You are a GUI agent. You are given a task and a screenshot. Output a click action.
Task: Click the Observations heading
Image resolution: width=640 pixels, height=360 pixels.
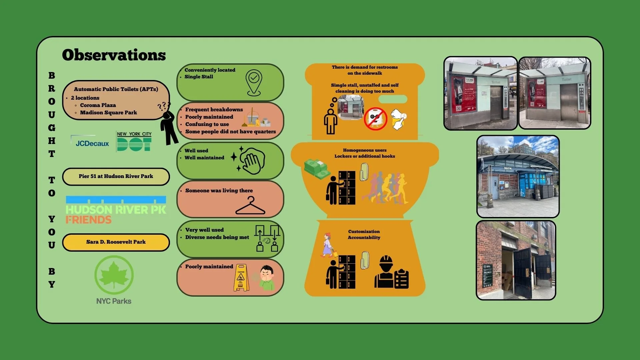click(x=114, y=55)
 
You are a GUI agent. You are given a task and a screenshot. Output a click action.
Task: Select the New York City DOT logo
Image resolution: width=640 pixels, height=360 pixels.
click(x=134, y=141)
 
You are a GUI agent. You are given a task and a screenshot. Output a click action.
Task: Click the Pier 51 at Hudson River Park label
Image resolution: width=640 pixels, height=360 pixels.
click(x=116, y=176)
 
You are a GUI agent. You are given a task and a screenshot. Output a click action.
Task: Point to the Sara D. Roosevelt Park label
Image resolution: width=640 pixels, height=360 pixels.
click(x=116, y=242)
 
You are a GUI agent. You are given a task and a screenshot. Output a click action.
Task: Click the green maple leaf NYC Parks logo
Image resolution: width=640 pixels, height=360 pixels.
click(x=114, y=275)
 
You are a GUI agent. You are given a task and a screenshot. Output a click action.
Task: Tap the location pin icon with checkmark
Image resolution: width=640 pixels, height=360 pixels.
click(x=254, y=82)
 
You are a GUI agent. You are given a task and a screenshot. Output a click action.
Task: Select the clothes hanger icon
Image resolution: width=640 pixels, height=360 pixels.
click(x=250, y=206)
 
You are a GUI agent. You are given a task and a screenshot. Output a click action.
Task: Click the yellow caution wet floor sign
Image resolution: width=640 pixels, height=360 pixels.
click(x=241, y=278)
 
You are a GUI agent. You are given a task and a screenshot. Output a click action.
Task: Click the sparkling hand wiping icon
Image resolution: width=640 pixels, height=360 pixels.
click(x=250, y=160)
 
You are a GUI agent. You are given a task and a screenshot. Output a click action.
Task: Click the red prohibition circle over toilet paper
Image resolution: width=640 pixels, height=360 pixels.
click(x=375, y=119)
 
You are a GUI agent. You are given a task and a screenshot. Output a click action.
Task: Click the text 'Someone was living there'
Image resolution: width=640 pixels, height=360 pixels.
click(x=219, y=191)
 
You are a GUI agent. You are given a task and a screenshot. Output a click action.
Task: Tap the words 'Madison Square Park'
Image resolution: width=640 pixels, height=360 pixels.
click(x=108, y=113)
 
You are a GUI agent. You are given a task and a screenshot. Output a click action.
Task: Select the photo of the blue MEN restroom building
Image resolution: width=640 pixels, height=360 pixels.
click(x=518, y=176)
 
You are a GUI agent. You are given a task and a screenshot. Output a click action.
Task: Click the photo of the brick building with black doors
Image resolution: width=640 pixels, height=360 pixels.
click(x=516, y=260)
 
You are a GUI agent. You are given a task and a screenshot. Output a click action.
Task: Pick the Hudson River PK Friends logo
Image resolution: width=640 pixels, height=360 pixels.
click(x=116, y=210)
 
